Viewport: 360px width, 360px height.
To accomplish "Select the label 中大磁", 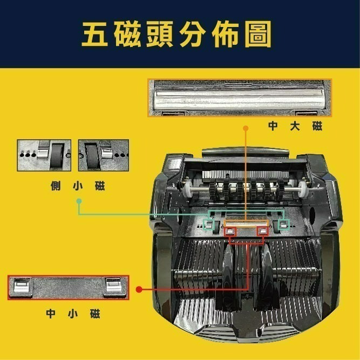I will tap(295, 126).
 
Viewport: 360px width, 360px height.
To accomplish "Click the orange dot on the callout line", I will tap(246, 128).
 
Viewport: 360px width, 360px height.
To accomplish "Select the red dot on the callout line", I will tap(139, 289).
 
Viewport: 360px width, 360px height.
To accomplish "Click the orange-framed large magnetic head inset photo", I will tap(240, 98).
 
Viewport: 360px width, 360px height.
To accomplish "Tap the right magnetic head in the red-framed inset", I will tap(114, 286).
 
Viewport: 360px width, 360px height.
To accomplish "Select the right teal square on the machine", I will tap(284, 223).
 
